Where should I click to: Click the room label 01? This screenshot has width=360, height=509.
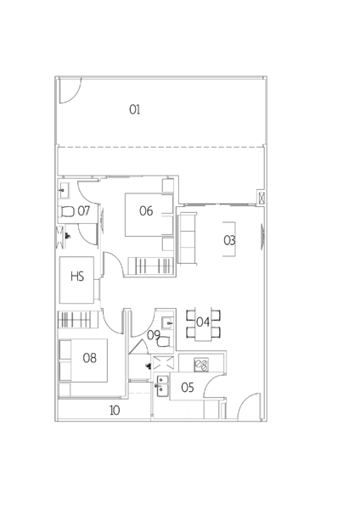tap(135, 109)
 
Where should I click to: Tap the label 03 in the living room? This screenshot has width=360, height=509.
tap(229, 240)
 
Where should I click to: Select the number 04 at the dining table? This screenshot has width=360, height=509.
tap(203, 322)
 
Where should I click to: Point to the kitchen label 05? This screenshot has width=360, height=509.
tap(188, 388)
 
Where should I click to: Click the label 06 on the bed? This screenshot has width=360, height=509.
tap(146, 211)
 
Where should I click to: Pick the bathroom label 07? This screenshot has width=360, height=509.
tap(84, 211)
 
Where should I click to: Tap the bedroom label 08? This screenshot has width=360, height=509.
tap(90, 358)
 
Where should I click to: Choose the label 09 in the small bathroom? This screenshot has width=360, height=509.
tap(154, 335)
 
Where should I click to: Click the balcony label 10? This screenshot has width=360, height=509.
tap(115, 411)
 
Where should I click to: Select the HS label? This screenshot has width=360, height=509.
tap(77, 277)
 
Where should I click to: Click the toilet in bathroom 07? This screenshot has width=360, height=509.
tap(67, 212)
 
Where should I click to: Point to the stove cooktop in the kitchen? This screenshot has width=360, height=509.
tap(201, 365)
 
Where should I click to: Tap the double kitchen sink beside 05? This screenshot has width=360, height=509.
tap(162, 386)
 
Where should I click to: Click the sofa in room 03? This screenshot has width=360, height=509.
tap(188, 238)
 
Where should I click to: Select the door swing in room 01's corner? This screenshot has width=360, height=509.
tap(70, 91)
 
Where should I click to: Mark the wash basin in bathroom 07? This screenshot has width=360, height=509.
tap(64, 191)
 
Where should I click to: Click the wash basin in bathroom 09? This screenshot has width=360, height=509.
tap(167, 323)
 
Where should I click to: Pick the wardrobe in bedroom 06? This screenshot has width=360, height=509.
tap(150, 266)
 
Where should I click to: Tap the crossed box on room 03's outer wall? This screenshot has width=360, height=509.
tap(262, 198)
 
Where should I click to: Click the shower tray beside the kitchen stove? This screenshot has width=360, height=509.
tap(163, 363)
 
